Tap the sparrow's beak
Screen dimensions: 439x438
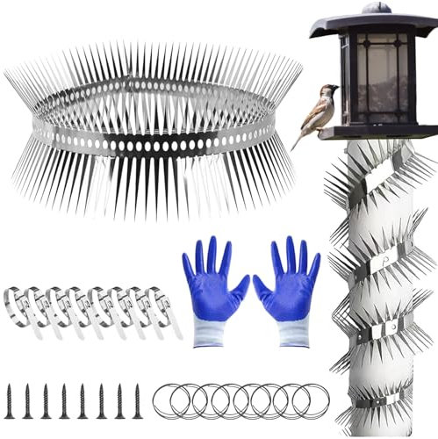(x=336, y=88)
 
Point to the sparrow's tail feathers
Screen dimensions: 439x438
(x=299, y=139)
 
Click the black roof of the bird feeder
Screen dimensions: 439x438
(x=373, y=25)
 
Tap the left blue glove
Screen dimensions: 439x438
(x=215, y=285)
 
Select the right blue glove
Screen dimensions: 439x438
(x=289, y=285)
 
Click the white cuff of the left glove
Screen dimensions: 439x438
(x=220, y=332)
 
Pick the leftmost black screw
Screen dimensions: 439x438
(x=10, y=400)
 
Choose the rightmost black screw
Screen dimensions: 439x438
(x=137, y=400)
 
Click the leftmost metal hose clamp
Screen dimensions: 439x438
(x=18, y=307)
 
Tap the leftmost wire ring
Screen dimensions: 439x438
(x=169, y=400)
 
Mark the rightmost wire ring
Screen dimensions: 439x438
(x=312, y=400)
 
